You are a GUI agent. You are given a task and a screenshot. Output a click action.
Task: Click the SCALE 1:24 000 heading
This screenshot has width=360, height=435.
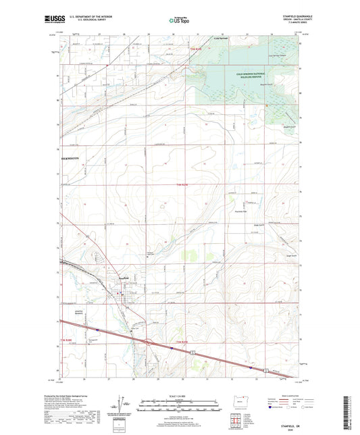click(179, 396)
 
